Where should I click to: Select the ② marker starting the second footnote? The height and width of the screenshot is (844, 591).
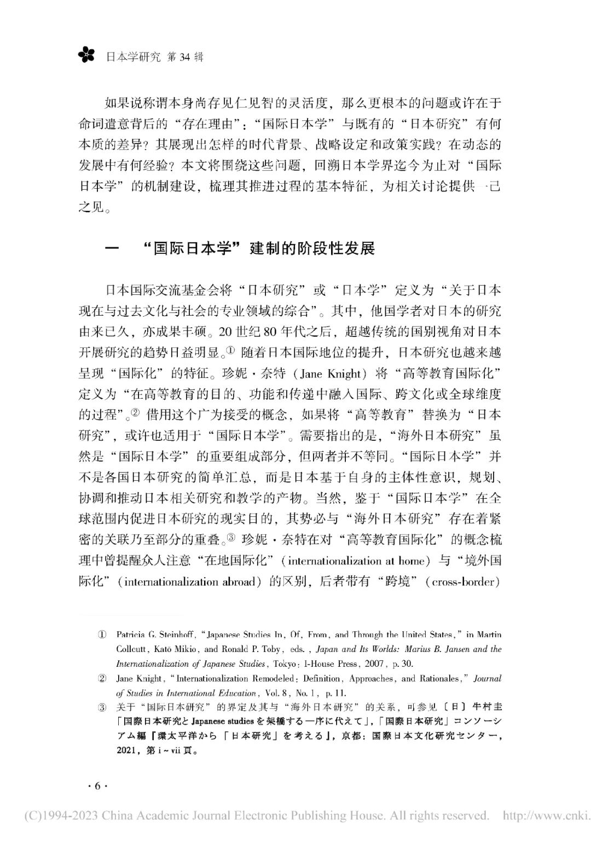(x=101, y=679)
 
